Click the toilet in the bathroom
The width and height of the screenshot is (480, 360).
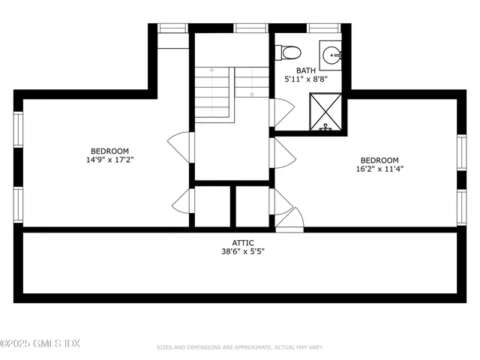tap(289, 52)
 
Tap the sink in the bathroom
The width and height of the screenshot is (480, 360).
tap(331, 54)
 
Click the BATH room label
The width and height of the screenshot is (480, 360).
tap(305, 70)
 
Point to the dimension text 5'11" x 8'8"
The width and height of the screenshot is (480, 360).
tap(305, 79)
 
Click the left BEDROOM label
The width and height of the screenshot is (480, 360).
tap(110, 150)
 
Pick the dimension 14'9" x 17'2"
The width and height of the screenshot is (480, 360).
tap(110, 159)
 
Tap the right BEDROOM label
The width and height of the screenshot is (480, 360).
tap(379, 160)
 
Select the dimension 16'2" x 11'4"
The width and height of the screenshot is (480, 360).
tap(379, 169)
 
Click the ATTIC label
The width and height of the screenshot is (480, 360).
tap(242, 242)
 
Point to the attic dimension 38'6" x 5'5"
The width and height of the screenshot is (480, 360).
tap(242, 251)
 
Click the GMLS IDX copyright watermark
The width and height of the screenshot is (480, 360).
tap(40, 343)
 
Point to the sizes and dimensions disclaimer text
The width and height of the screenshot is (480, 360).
tap(240, 347)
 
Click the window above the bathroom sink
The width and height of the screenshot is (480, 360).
tap(324, 28)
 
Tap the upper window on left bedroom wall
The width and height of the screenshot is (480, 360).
tap(18, 130)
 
